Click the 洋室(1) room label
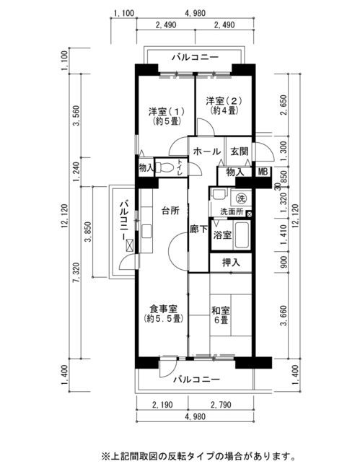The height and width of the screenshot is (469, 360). tap(166, 115)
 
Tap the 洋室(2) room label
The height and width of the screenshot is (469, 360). tap(224, 105)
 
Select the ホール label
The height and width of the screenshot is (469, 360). tap(207, 152)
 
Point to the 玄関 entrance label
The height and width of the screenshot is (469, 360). tap(240, 152)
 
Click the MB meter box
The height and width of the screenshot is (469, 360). tap(263, 172)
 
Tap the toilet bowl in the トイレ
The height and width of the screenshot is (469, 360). tap(164, 167)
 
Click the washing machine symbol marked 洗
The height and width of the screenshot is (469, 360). tap(241, 198)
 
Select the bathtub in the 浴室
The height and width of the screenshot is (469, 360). tap(242, 235)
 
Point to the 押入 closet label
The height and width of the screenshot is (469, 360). tap(231, 263)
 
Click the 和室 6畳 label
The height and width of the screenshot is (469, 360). tap(221, 315)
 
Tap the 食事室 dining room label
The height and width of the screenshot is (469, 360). tap(163, 313)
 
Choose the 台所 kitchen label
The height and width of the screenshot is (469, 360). tap(170, 211)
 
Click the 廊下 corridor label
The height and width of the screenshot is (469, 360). tap(199, 229)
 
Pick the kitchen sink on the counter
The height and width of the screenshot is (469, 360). tap(146, 231)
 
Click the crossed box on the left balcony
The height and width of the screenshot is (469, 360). tap(130, 245)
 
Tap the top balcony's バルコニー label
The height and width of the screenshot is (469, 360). tap(196, 57)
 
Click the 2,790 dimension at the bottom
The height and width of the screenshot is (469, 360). tap(221, 405)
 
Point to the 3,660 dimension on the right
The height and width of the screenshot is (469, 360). tap(284, 315)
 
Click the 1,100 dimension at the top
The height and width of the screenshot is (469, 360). tap(124, 13)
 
